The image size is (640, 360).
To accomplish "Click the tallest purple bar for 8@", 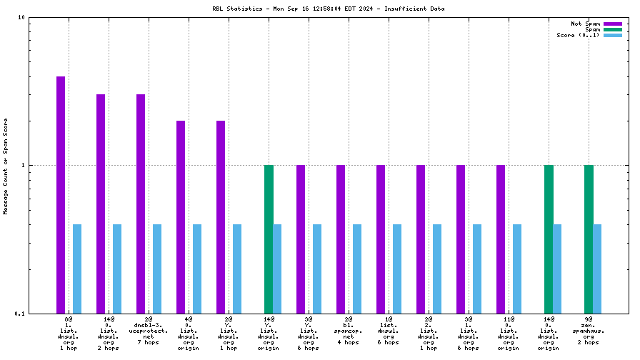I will coord(61,194).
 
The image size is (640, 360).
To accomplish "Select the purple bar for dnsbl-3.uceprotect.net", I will coord(141,204).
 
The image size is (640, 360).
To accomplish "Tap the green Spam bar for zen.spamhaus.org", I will coord(589,239).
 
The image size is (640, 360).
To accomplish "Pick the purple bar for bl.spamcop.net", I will coord(341,239).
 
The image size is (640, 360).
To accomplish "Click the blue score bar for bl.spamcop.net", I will coord(357,269).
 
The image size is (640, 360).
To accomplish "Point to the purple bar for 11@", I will coord(501,239).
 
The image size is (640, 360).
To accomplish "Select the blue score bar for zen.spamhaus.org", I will coord(597,269).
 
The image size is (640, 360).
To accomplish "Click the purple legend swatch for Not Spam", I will coord(613,24).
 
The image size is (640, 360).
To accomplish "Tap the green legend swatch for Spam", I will coord(613,29).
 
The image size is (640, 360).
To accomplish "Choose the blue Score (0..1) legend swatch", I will coord(613,35).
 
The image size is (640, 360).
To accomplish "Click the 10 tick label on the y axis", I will coord(22,17).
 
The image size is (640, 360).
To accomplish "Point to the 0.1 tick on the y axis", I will coord(20,314).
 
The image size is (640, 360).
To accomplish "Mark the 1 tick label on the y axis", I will coord(24,165).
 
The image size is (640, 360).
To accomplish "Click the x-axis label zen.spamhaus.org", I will coord(589,330).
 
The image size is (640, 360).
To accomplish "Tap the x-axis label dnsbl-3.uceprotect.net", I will coord(149,330).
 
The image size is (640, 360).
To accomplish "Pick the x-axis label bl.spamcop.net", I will coord(349,330).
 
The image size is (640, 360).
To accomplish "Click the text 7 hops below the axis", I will coord(149,342).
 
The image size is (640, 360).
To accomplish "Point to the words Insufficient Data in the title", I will coord(417,9).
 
